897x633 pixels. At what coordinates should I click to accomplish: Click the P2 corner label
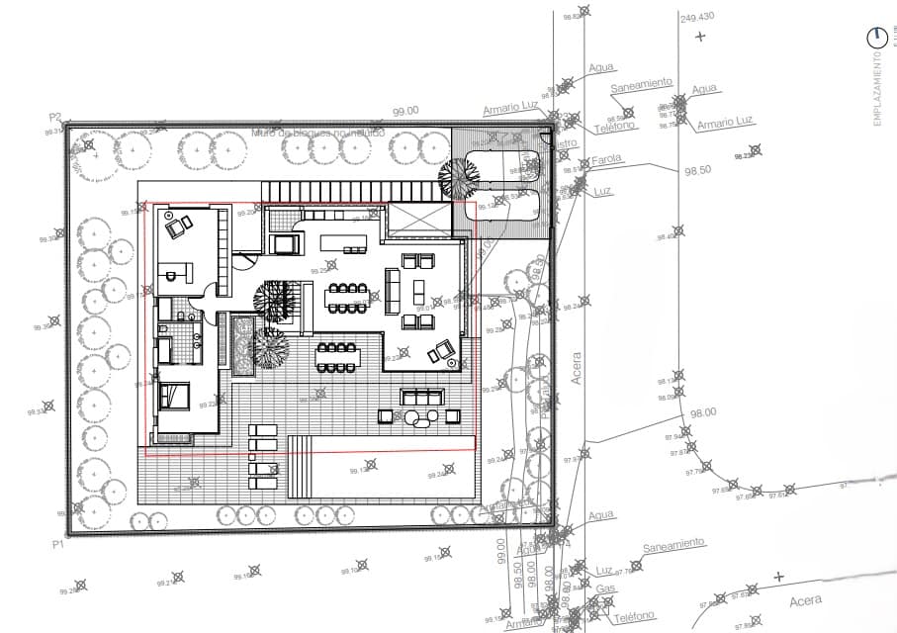[x=56, y=117]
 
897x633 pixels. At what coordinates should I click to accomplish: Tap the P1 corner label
[x=57, y=544]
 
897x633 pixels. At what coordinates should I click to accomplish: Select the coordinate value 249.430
[x=697, y=17]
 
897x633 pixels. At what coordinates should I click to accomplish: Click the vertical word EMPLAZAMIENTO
[x=876, y=89]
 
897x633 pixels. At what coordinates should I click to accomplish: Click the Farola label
[x=605, y=160]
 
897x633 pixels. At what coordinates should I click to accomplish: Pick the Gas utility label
[x=605, y=588]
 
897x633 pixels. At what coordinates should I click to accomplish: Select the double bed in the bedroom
[x=175, y=396]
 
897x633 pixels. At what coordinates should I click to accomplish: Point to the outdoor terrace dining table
[x=337, y=357]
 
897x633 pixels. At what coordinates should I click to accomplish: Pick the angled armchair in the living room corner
[x=441, y=349]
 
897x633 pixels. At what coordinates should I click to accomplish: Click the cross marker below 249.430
[x=700, y=37]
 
